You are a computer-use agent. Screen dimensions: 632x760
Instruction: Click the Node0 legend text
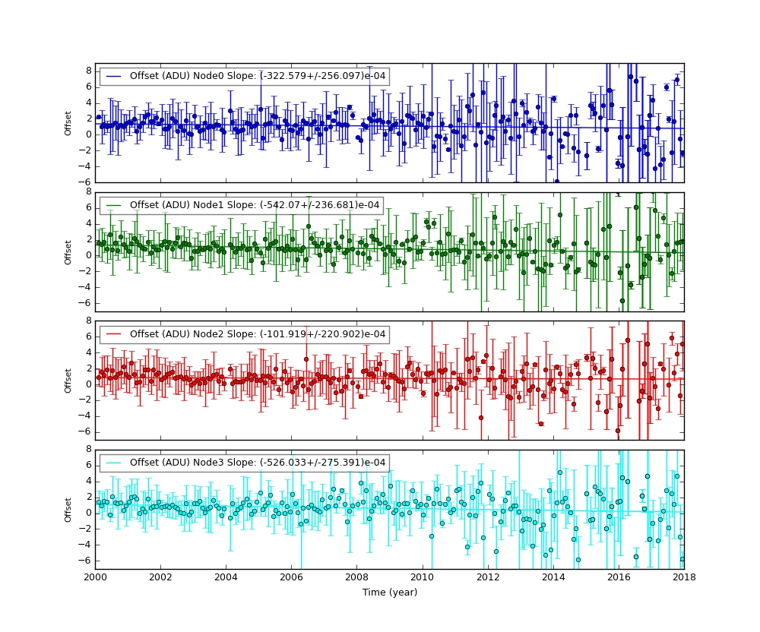coord(258,76)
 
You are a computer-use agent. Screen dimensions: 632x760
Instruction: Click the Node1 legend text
coord(255,205)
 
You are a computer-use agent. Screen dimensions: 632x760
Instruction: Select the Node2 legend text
coord(258,334)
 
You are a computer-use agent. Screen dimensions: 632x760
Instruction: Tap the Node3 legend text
coord(258,463)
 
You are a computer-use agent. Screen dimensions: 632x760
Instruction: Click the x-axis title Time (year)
coord(389,592)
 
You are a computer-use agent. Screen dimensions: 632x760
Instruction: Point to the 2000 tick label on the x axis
coord(95,577)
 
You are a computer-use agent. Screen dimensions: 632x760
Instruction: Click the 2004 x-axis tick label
coord(226,577)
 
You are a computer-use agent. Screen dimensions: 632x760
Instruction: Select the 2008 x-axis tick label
coord(356,577)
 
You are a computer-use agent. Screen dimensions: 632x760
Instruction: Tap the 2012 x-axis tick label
coord(487,577)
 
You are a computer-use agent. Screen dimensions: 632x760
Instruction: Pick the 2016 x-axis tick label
coord(619,577)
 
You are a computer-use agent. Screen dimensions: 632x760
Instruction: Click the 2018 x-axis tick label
coord(683,577)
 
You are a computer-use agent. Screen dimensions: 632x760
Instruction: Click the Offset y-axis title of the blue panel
coord(68,123)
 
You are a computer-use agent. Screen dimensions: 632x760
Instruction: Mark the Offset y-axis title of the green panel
coord(68,251)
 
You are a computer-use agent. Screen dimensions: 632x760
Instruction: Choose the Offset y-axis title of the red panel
coord(68,381)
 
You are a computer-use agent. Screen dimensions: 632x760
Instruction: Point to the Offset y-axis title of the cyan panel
coord(68,509)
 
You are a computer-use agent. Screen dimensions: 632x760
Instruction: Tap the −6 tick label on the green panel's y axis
coord(86,303)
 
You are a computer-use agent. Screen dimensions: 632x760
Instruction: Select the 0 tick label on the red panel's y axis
coord(89,384)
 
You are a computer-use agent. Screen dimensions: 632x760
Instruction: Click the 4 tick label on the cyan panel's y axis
coord(89,481)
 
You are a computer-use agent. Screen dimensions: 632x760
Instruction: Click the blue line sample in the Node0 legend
coord(115,76)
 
